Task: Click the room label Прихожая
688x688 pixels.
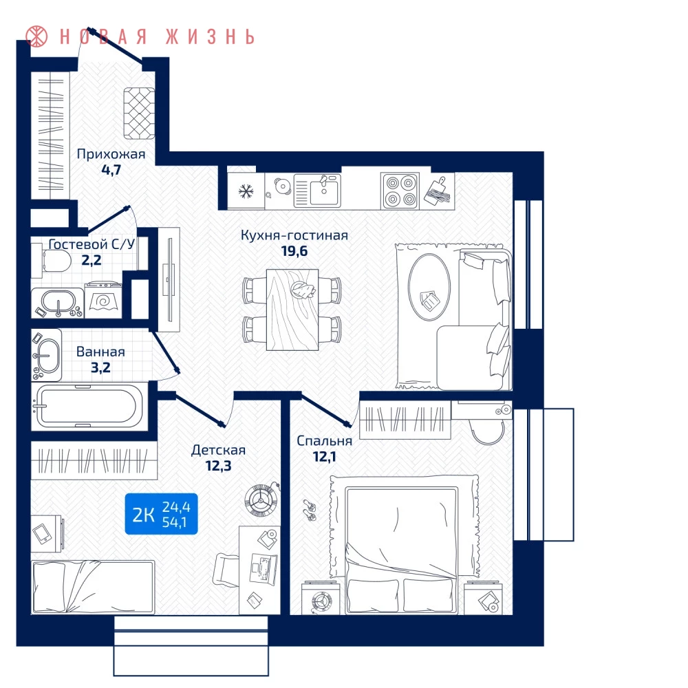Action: click(x=111, y=154)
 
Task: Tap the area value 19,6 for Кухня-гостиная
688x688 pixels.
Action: click(x=294, y=251)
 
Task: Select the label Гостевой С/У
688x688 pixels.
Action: click(x=92, y=244)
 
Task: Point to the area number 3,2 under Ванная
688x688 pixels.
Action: click(x=100, y=367)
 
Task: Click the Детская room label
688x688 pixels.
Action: click(x=219, y=450)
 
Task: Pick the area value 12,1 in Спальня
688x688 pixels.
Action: click(x=324, y=457)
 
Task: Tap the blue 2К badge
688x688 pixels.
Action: click(x=161, y=514)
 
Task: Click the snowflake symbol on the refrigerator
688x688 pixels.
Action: click(x=246, y=191)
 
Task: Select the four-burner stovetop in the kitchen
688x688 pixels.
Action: click(x=400, y=191)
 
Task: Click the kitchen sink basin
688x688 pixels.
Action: click(x=324, y=192)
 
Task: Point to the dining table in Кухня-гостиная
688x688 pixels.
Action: click(x=292, y=310)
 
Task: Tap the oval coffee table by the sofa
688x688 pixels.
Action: click(x=429, y=287)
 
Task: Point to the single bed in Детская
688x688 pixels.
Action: click(x=93, y=587)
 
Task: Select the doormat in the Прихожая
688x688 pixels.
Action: click(x=139, y=114)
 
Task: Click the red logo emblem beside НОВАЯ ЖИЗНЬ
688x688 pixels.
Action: click(x=36, y=36)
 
